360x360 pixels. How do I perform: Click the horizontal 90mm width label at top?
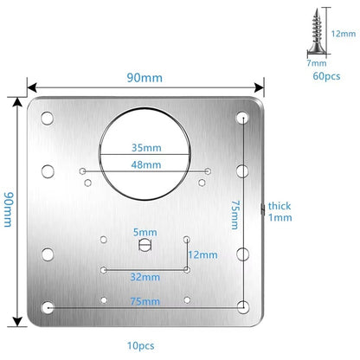(145, 79)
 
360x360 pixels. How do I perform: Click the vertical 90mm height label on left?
(9, 209)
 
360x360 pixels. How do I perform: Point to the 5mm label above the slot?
(145, 232)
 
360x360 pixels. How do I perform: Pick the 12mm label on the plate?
(206, 254)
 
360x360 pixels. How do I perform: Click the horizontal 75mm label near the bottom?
(145, 300)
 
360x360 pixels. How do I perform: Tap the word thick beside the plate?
(280, 206)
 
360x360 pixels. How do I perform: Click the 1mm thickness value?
(280, 219)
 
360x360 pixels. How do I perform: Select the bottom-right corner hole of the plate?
(243, 306)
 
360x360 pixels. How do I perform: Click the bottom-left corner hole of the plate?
(48, 307)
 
